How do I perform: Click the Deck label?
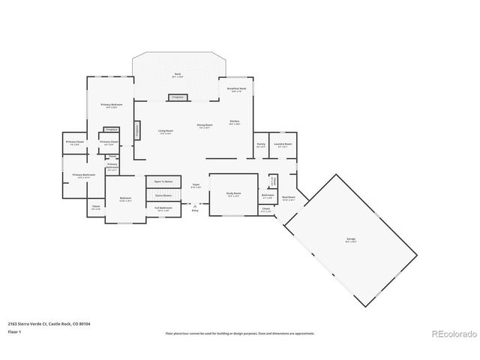point(178,74)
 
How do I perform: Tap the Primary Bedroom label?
point(112,106)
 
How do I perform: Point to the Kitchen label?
point(234,121)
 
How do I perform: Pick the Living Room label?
point(166,132)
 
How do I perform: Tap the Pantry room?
point(260,145)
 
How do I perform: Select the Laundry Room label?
point(283,145)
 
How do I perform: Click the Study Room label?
point(233,193)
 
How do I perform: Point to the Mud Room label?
point(289,199)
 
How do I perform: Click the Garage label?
point(351,239)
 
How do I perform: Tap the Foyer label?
point(195,185)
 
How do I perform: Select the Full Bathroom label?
point(164,208)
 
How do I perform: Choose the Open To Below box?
point(164,181)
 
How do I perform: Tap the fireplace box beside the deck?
point(178,97)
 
